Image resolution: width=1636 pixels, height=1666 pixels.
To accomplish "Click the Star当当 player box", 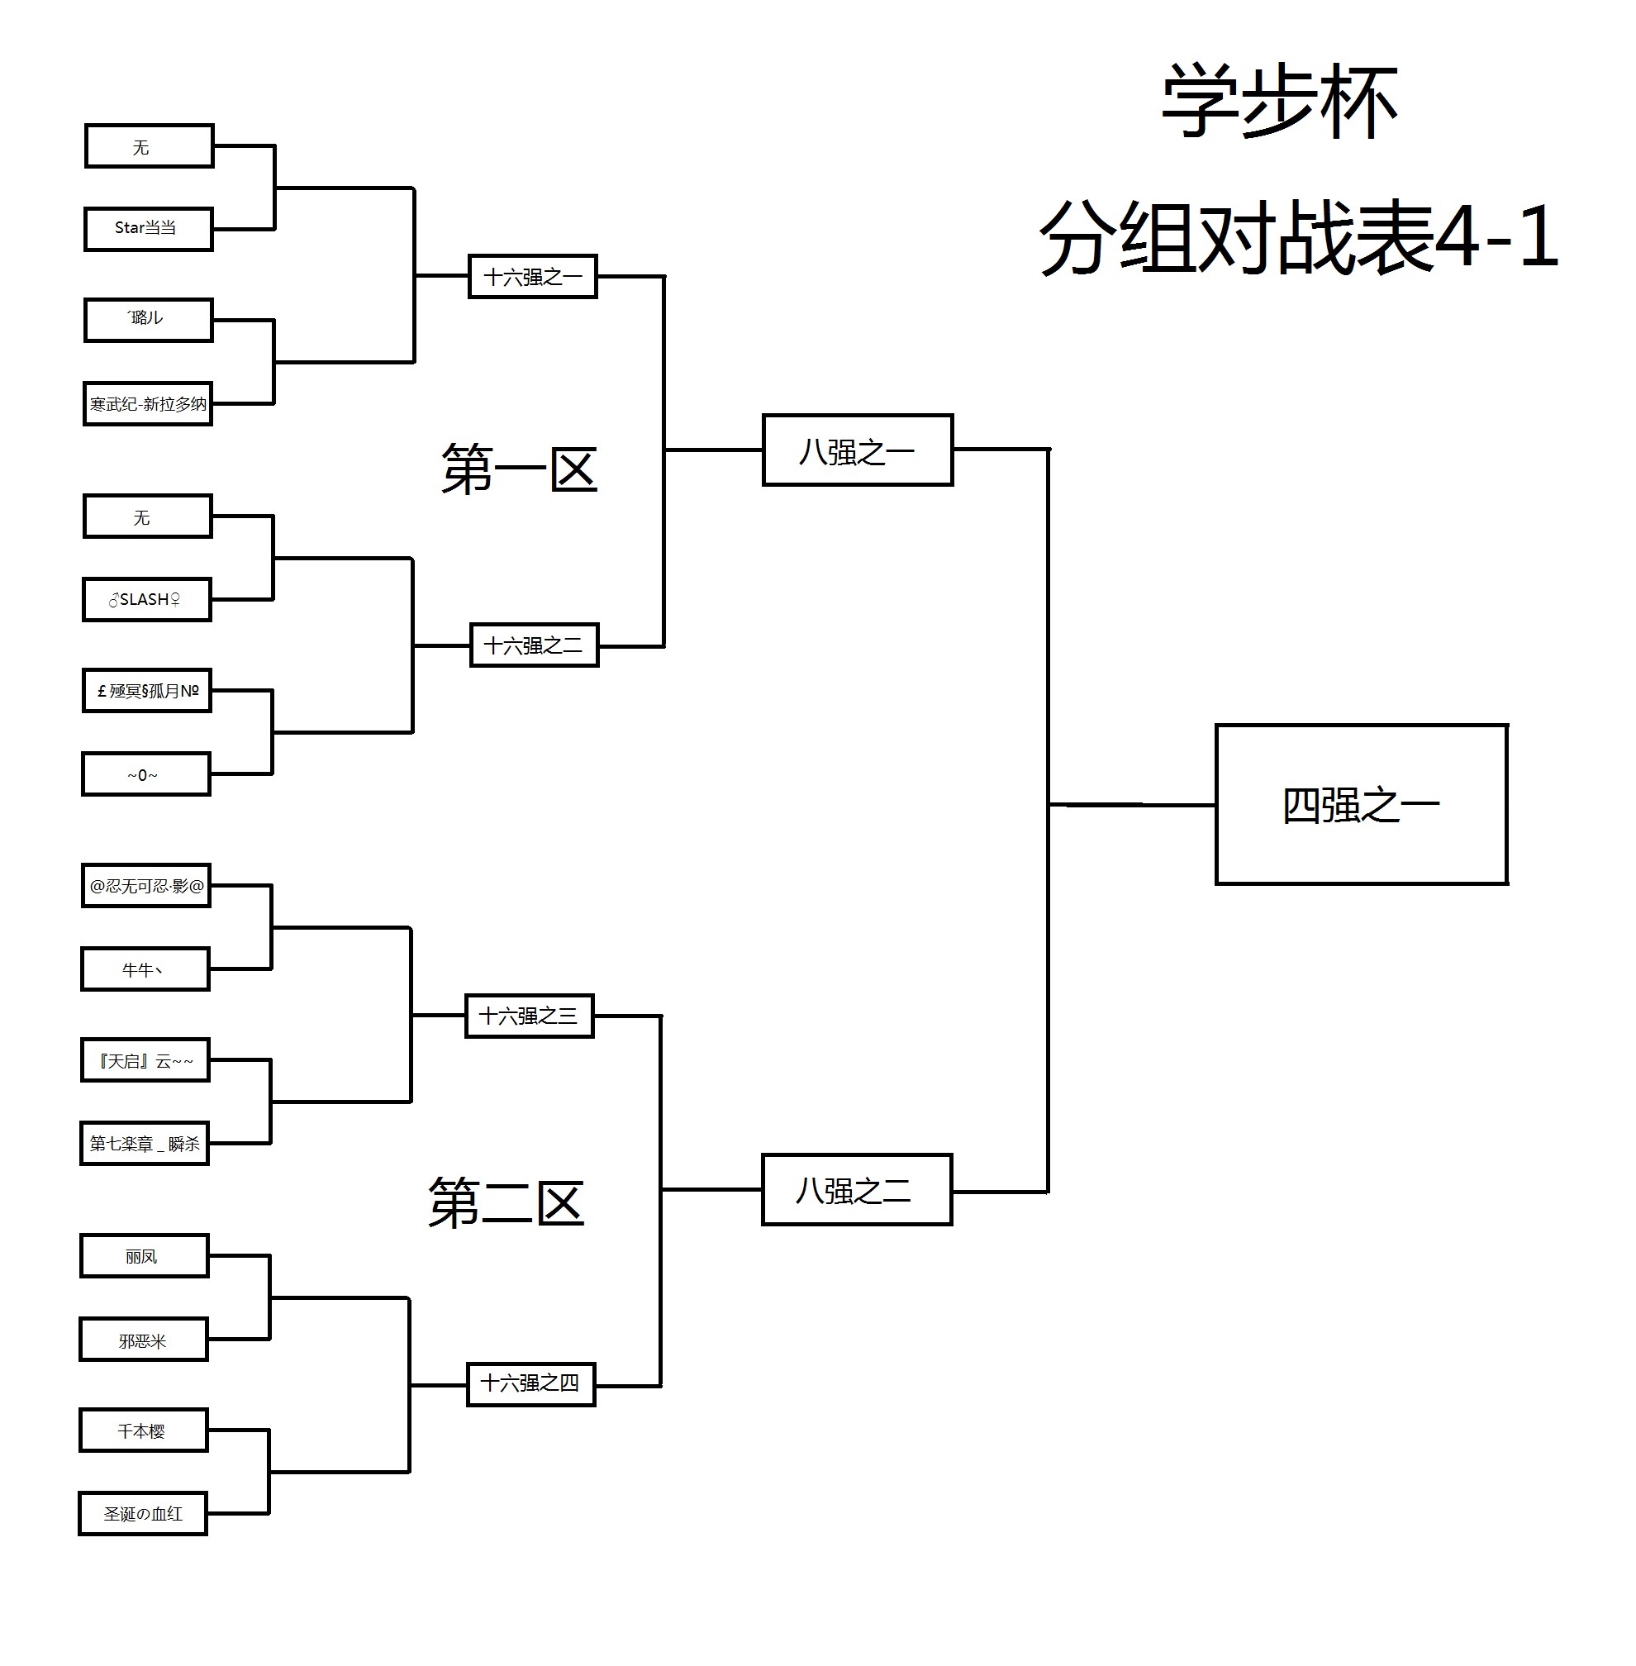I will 148,229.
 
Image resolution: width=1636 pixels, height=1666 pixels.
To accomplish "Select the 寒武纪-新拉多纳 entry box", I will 148,404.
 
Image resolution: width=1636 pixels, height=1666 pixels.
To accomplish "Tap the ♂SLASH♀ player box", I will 147,600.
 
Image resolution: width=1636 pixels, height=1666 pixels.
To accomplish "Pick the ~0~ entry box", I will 146,774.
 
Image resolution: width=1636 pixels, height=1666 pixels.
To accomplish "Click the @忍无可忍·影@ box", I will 146,886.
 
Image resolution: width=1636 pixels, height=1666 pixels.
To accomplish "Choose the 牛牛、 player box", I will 145,969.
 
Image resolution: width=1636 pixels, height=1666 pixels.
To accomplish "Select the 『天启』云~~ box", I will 145,1060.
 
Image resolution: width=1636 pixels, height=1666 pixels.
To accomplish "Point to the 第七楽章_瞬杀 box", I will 145,1144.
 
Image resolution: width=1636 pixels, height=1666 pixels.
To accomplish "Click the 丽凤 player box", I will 145,1256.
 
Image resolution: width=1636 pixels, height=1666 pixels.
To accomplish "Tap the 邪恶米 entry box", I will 144,1340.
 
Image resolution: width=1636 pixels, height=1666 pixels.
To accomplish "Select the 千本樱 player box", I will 144,1430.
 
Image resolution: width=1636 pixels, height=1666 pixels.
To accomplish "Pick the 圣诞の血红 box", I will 143,1514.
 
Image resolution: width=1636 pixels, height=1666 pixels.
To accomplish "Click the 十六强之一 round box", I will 533,277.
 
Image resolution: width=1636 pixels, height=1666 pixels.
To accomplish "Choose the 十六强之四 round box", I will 531,1383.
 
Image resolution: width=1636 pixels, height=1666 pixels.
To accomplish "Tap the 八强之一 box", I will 858,451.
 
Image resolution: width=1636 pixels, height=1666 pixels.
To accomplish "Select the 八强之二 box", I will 857,1190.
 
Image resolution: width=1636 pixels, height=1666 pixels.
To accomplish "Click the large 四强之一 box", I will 1361,805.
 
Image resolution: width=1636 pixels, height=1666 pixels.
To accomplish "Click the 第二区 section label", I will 506,1203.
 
